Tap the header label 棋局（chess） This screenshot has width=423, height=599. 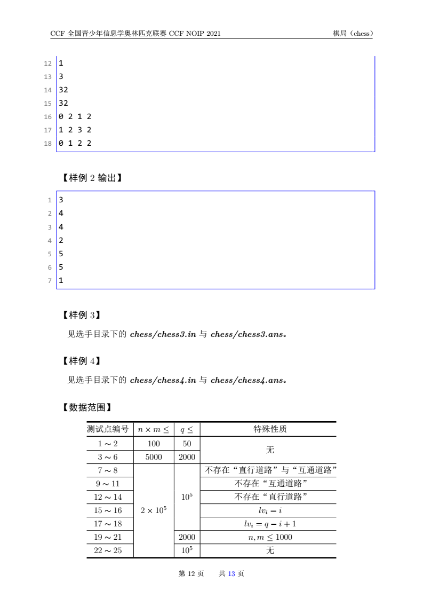[x=352, y=34]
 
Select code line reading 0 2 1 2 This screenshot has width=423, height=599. [x=75, y=116]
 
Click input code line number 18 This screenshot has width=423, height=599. [x=48, y=143]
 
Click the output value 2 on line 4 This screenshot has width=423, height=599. [x=61, y=240]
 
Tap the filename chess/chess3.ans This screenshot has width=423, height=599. [x=249, y=335]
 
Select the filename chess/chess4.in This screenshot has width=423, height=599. [x=163, y=380]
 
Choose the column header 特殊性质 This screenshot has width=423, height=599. [x=270, y=429]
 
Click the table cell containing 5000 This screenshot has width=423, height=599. [x=154, y=457]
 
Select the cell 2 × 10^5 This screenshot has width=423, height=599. [x=154, y=510]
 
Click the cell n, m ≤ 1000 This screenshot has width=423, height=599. [x=270, y=537]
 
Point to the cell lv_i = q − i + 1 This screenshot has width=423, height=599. [x=270, y=524]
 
